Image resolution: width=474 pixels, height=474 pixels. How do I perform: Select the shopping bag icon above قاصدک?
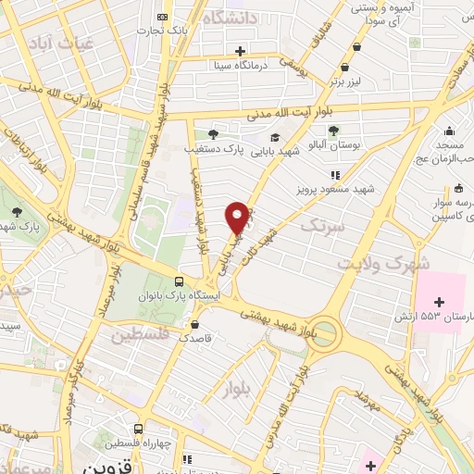click(194, 324)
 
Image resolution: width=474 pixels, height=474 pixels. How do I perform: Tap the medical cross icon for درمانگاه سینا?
click(241, 51)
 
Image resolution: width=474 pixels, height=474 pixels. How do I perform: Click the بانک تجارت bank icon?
click(163, 17)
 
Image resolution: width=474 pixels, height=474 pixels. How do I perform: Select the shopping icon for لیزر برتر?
click(345, 67)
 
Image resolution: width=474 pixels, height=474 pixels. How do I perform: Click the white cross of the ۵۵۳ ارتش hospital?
click(440, 302)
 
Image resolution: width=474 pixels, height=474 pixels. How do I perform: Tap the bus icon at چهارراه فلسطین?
click(138, 429)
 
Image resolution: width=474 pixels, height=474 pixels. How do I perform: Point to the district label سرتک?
click(321, 225)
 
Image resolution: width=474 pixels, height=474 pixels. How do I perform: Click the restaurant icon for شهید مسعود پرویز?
click(335, 174)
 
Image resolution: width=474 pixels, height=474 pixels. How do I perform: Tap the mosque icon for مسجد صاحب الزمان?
click(450, 131)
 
